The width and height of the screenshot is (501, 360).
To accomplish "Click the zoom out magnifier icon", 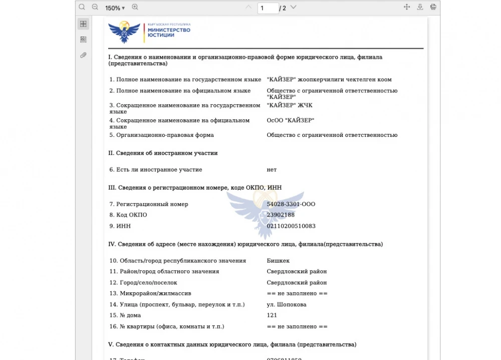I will click(95, 7).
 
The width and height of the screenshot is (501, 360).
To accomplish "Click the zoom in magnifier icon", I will click(135, 7).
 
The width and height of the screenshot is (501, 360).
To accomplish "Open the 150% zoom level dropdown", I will click(115, 8).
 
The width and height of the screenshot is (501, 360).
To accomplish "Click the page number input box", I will click(268, 8).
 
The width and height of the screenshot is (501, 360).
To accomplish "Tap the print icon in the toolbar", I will click(433, 7).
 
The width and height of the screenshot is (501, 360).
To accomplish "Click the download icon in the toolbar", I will click(420, 7).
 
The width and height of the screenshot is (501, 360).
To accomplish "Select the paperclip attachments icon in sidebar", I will click(83, 55).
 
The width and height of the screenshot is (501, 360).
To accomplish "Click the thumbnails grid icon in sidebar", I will click(83, 24).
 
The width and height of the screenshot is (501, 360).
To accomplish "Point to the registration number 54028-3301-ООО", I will click(291, 204).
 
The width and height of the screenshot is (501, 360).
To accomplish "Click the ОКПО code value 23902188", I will click(281, 215).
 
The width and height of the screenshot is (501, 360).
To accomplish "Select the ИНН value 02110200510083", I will click(291, 226).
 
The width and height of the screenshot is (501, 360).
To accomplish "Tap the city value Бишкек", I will click(278, 260).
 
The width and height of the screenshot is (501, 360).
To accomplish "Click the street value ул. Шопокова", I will click(287, 304).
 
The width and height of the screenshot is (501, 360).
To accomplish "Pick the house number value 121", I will click(272, 315).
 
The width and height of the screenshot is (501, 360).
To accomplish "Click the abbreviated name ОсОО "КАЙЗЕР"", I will click(291, 120).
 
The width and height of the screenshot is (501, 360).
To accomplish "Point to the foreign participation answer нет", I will click(272, 169).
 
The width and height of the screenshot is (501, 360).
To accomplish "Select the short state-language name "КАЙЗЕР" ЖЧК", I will click(290, 105).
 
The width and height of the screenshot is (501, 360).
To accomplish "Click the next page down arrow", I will click(293, 8).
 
